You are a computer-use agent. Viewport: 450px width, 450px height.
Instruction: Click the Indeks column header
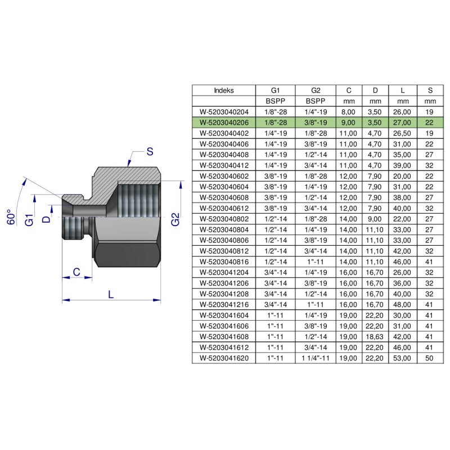pyautogui.click(x=224, y=90)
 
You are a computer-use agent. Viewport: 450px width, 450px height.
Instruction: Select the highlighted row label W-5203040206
pyautogui.click(x=224, y=122)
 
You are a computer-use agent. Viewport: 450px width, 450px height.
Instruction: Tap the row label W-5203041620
pyautogui.click(x=224, y=358)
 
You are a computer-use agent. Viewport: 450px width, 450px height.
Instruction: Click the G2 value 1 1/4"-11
pyautogui.click(x=315, y=358)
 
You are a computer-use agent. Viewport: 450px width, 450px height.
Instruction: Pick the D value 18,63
pyautogui.click(x=376, y=336)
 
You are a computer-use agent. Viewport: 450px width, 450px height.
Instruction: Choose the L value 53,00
pyautogui.click(x=403, y=358)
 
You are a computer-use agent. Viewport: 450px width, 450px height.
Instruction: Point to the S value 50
pyautogui.click(x=430, y=358)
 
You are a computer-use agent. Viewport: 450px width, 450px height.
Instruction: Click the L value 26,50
pyautogui.click(x=403, y=133)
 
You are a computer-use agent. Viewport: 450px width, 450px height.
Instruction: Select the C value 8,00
pyautogui.click(x=349, y=111)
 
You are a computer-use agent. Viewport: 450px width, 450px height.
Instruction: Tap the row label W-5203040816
pyautogui.click(x=224, y=262)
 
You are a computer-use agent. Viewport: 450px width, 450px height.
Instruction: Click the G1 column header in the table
pyautogui.click(x=274, y=90)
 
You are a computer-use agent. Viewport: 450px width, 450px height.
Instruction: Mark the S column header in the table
pyautogui.click(x=430, y=90)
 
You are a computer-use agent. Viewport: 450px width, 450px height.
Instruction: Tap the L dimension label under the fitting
pyautogui.click(x=111, y=294)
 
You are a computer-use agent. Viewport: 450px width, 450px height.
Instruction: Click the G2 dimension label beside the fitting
pyautogui.click(x=175, y=219)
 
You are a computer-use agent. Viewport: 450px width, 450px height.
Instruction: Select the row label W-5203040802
pyautogui.click(x=224, y=218)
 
